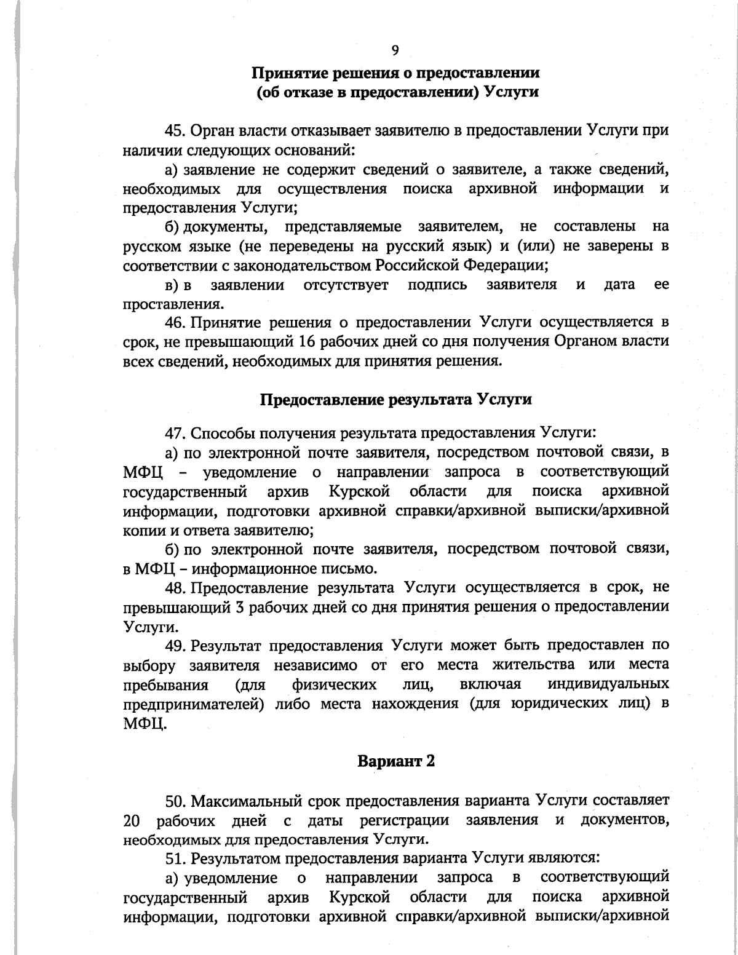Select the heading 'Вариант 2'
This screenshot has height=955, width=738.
396,761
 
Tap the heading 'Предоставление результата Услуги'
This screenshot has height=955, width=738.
396,399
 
